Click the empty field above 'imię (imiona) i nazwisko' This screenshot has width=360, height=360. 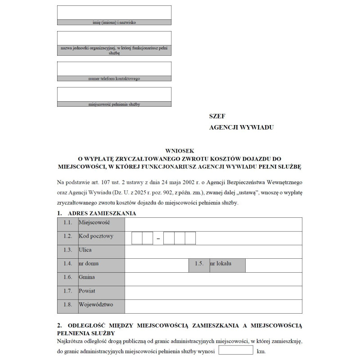(x=114, y=13)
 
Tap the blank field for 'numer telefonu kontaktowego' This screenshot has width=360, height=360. (x=114, y=68)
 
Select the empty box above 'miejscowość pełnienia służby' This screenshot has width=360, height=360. (x=114, y=94)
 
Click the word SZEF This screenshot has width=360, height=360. (x=217, y=117)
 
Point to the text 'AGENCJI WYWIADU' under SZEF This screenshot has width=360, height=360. (x=241, y=127)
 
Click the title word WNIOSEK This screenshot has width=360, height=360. (x=180, y=152)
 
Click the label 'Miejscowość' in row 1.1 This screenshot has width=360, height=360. (x=94, y=223)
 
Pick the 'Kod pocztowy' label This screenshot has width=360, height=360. (x=96, y=236)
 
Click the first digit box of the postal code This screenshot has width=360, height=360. (x=137, y=238)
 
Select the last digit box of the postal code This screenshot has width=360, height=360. (x=190, y=238)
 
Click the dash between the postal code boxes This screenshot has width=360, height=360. (x=158, y=238)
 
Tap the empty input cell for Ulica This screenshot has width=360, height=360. (x=213, y=252)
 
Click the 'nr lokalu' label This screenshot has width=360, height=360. (x=221, y=264)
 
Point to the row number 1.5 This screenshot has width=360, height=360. (x=199, y=264)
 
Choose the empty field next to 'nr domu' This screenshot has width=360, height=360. (x=156, y=265)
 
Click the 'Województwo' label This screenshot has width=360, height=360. (x=95, y=305)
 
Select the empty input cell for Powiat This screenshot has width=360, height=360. (x=213, y=292)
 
